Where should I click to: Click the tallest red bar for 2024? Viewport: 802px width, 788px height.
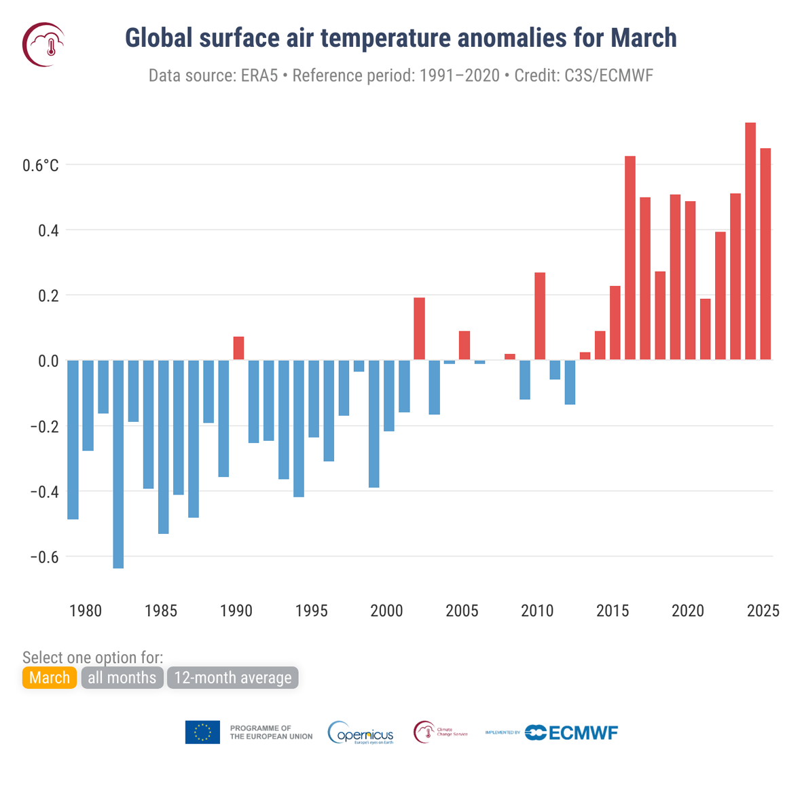coord(750,241)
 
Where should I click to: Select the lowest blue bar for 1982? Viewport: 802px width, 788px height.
coord(118,464)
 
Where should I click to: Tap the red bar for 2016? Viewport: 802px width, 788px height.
coord(630,258)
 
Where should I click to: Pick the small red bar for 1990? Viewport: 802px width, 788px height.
coord(238,348)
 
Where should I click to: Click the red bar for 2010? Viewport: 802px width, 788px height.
coord(540,317)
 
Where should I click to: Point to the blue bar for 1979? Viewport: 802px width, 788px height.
coord(73,440)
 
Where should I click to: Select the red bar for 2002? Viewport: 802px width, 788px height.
coord(419,329)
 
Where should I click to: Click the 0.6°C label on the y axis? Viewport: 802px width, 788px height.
coord(41,166)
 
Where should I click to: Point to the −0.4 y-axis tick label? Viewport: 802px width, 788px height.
coord(44,492)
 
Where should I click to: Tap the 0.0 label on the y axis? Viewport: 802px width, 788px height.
coord(48,361)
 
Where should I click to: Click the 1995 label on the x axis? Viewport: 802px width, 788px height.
coord(311,611)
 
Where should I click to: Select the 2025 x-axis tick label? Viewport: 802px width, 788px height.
coord(763,611)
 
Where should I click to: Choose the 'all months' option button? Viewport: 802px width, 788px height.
coord(122,678)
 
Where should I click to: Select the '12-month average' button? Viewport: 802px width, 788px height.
coord(232,678)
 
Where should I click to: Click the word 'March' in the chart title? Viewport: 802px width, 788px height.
coord(643,38)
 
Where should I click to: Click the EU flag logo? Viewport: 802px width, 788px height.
coord(202,732)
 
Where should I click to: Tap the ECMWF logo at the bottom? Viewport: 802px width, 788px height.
coord(571,732)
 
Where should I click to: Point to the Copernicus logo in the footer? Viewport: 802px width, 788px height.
coord(361,733)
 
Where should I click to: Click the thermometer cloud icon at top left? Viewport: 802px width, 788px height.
coord(44,45)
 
